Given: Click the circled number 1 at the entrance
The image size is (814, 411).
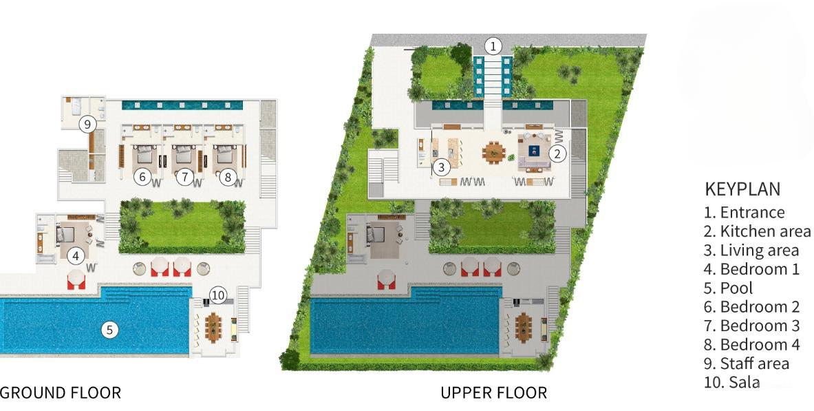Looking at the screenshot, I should click(493, 46).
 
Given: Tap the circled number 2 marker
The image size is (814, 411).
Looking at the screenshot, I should click(558, 154).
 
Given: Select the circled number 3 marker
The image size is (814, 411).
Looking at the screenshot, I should click(442, 167).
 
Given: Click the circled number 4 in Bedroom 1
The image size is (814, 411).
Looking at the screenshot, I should click(76, 256).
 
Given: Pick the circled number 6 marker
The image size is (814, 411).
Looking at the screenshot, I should click(142, 177).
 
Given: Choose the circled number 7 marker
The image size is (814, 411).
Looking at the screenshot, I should click(184, 177).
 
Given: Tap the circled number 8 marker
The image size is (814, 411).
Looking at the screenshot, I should click(228, 177).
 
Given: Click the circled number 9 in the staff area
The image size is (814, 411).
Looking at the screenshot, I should click(87, 125).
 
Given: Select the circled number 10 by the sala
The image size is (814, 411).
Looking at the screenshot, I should click(217, 295).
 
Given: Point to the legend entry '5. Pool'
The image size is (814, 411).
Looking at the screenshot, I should click(728, 288).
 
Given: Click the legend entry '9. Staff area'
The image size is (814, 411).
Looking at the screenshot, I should click(747, 363).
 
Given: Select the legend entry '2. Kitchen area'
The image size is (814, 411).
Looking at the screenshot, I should click(757, 231).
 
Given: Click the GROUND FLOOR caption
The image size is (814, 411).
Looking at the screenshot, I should click(61, 393).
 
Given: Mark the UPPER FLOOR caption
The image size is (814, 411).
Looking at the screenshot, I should click(493, 393).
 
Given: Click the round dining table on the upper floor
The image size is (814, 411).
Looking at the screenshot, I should click(493, 151).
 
